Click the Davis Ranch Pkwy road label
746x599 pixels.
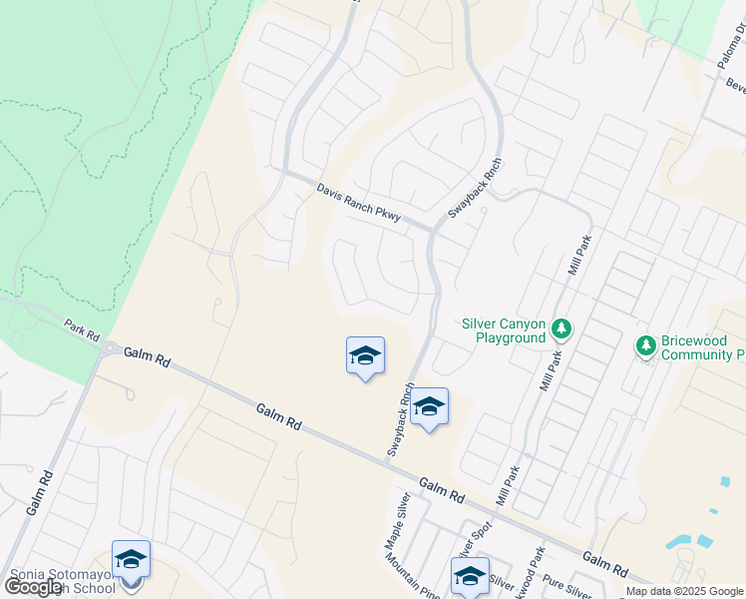tap(358, 202)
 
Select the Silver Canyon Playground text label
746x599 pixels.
tap(504, 330)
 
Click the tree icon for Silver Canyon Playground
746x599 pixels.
tap(562, 329)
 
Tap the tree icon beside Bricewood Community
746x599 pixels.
tap(645, 345)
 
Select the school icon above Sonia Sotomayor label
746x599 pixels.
tap(131, 559)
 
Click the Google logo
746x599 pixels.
tap(33, 587)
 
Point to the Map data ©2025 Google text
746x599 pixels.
tap(683, 591)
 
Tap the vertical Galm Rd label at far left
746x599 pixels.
tap(37, 490)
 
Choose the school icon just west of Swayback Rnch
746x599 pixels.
tap(365, 355)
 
